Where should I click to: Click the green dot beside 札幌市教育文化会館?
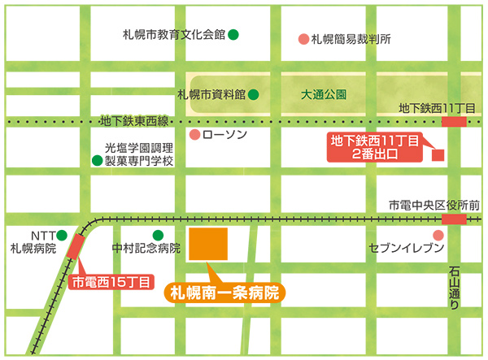[233, 35]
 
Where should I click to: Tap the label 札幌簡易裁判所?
[352, 38]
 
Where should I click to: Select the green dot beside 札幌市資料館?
[254, 94]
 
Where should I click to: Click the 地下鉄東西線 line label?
[133, 122]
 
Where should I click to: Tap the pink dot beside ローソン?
[194, 135]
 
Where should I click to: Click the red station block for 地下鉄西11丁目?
[454, 121]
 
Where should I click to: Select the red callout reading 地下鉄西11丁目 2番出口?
[373, 147]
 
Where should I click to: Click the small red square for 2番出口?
[438, 154]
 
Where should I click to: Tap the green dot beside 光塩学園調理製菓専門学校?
[97, 161]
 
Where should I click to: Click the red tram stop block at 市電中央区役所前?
[454, 219]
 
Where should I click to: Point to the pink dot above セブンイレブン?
[439, 235]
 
